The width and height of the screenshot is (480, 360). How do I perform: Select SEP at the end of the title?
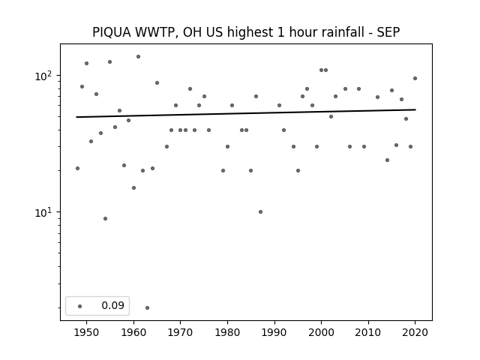pyautogui.click(x=388, y=32)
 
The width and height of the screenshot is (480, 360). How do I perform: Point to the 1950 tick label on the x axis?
pyautogui.click(x=87, y=332)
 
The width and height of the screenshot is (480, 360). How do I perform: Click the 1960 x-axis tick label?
pyautogui.click(x=133, y=332)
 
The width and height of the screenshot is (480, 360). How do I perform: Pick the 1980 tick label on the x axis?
pyautogui.click(x=227, y=332)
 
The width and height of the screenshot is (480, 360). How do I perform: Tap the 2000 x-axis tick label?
pyautogui.click(x=322, y=332)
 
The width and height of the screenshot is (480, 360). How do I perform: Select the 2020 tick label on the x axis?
pyautogui.click(x=415, y=332)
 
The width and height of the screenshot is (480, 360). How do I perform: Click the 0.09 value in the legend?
pyautogui.click(x=112, y=305)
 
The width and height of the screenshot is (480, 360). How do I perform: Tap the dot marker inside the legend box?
pyautogui.click(x=80, y=306)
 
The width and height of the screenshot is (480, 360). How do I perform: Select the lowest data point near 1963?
pyautogui.click(x=147, y=307)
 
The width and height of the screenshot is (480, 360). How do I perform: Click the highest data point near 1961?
pyautogui.click(x=138, y=57)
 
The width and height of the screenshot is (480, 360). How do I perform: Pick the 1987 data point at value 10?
pyautogui.click(x=260, y=211)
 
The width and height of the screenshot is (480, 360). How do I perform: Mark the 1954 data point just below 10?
pyautogui.click(x=105, y=218)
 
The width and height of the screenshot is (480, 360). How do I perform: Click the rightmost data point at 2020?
pyautogui.click(x=415, y=78)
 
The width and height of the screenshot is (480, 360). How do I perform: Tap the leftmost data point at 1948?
pyautogui.click(x=77, y=168)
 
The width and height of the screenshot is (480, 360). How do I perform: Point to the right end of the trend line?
pyautogui.click(x=415, y=109)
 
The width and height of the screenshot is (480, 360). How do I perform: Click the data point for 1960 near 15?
pyautogui.click(x=133, y=188)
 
